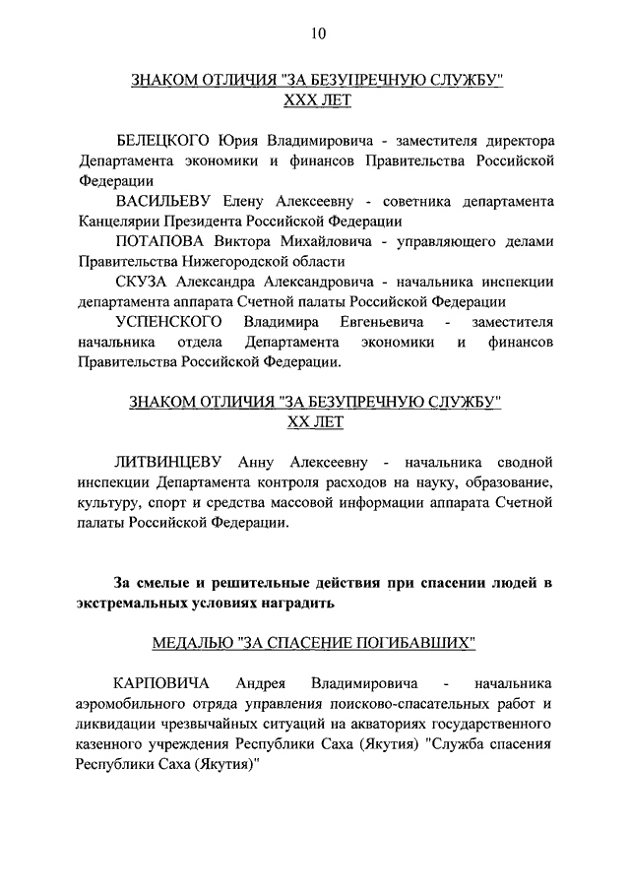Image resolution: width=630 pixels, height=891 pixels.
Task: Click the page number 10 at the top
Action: click(316, 32)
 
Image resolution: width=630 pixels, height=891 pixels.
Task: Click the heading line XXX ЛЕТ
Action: click(316, 100)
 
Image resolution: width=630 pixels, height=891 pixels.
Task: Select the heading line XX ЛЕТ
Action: click(316, 421)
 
